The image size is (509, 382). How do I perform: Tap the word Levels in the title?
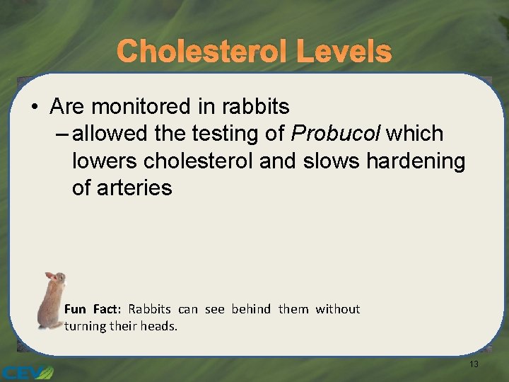[x=344, y=51]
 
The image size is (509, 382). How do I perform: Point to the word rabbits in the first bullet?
[x=255, y=107]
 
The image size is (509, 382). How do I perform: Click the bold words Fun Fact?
[x=93, y=309]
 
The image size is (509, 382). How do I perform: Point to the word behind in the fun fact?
[x=251, y=309]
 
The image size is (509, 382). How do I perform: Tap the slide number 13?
[x=474, y=364]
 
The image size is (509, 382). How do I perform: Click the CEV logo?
[x=26, y=371]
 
